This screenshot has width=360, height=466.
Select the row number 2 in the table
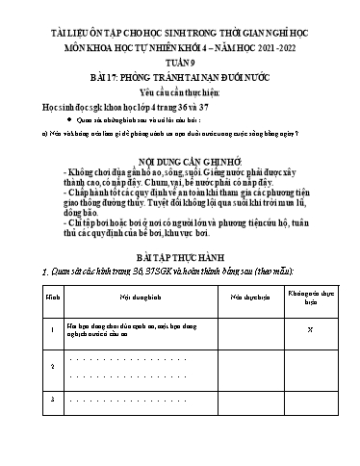point(26,367)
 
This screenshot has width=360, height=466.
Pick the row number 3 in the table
point(26,400)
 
